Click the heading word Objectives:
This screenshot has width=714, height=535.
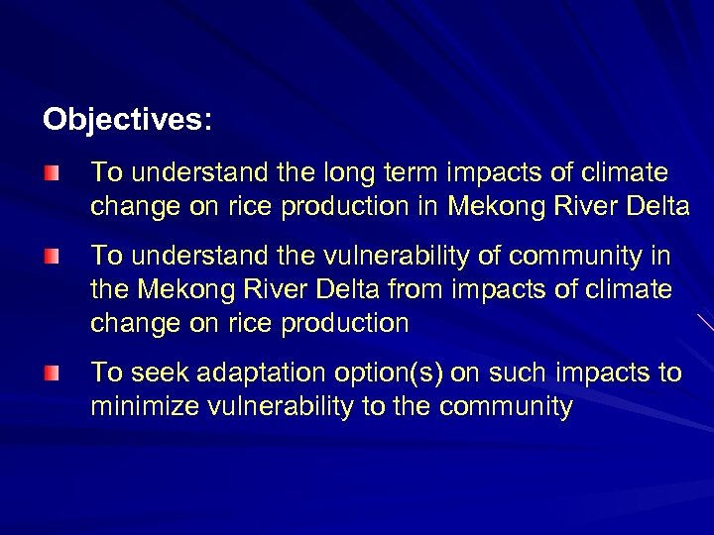coord(127,121)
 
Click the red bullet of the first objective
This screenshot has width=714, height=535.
coord(51,174)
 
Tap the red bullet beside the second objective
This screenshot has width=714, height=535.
coord(51,258)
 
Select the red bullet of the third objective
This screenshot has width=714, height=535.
coord(51,374)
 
